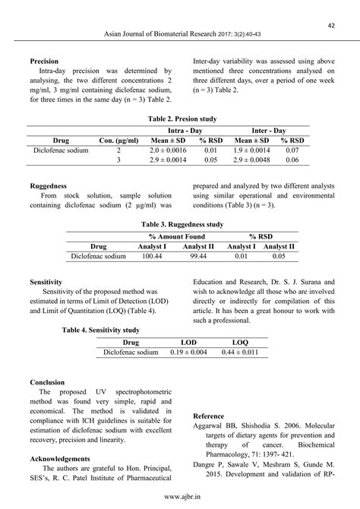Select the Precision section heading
pyautogui.click(x=44, y=61)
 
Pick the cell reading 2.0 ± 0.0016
pyautogui.click(x=174, y=150)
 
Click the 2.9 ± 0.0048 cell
pyautogui.click(x=252, y=161)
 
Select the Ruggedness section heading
pyautogui.click(x=48, y=185)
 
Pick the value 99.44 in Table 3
pyautogui.click(x=199, y=257)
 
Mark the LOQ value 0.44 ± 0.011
pyautogui.click(x=240, y=353)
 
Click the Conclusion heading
pyautogui.click(x=47, y=381)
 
